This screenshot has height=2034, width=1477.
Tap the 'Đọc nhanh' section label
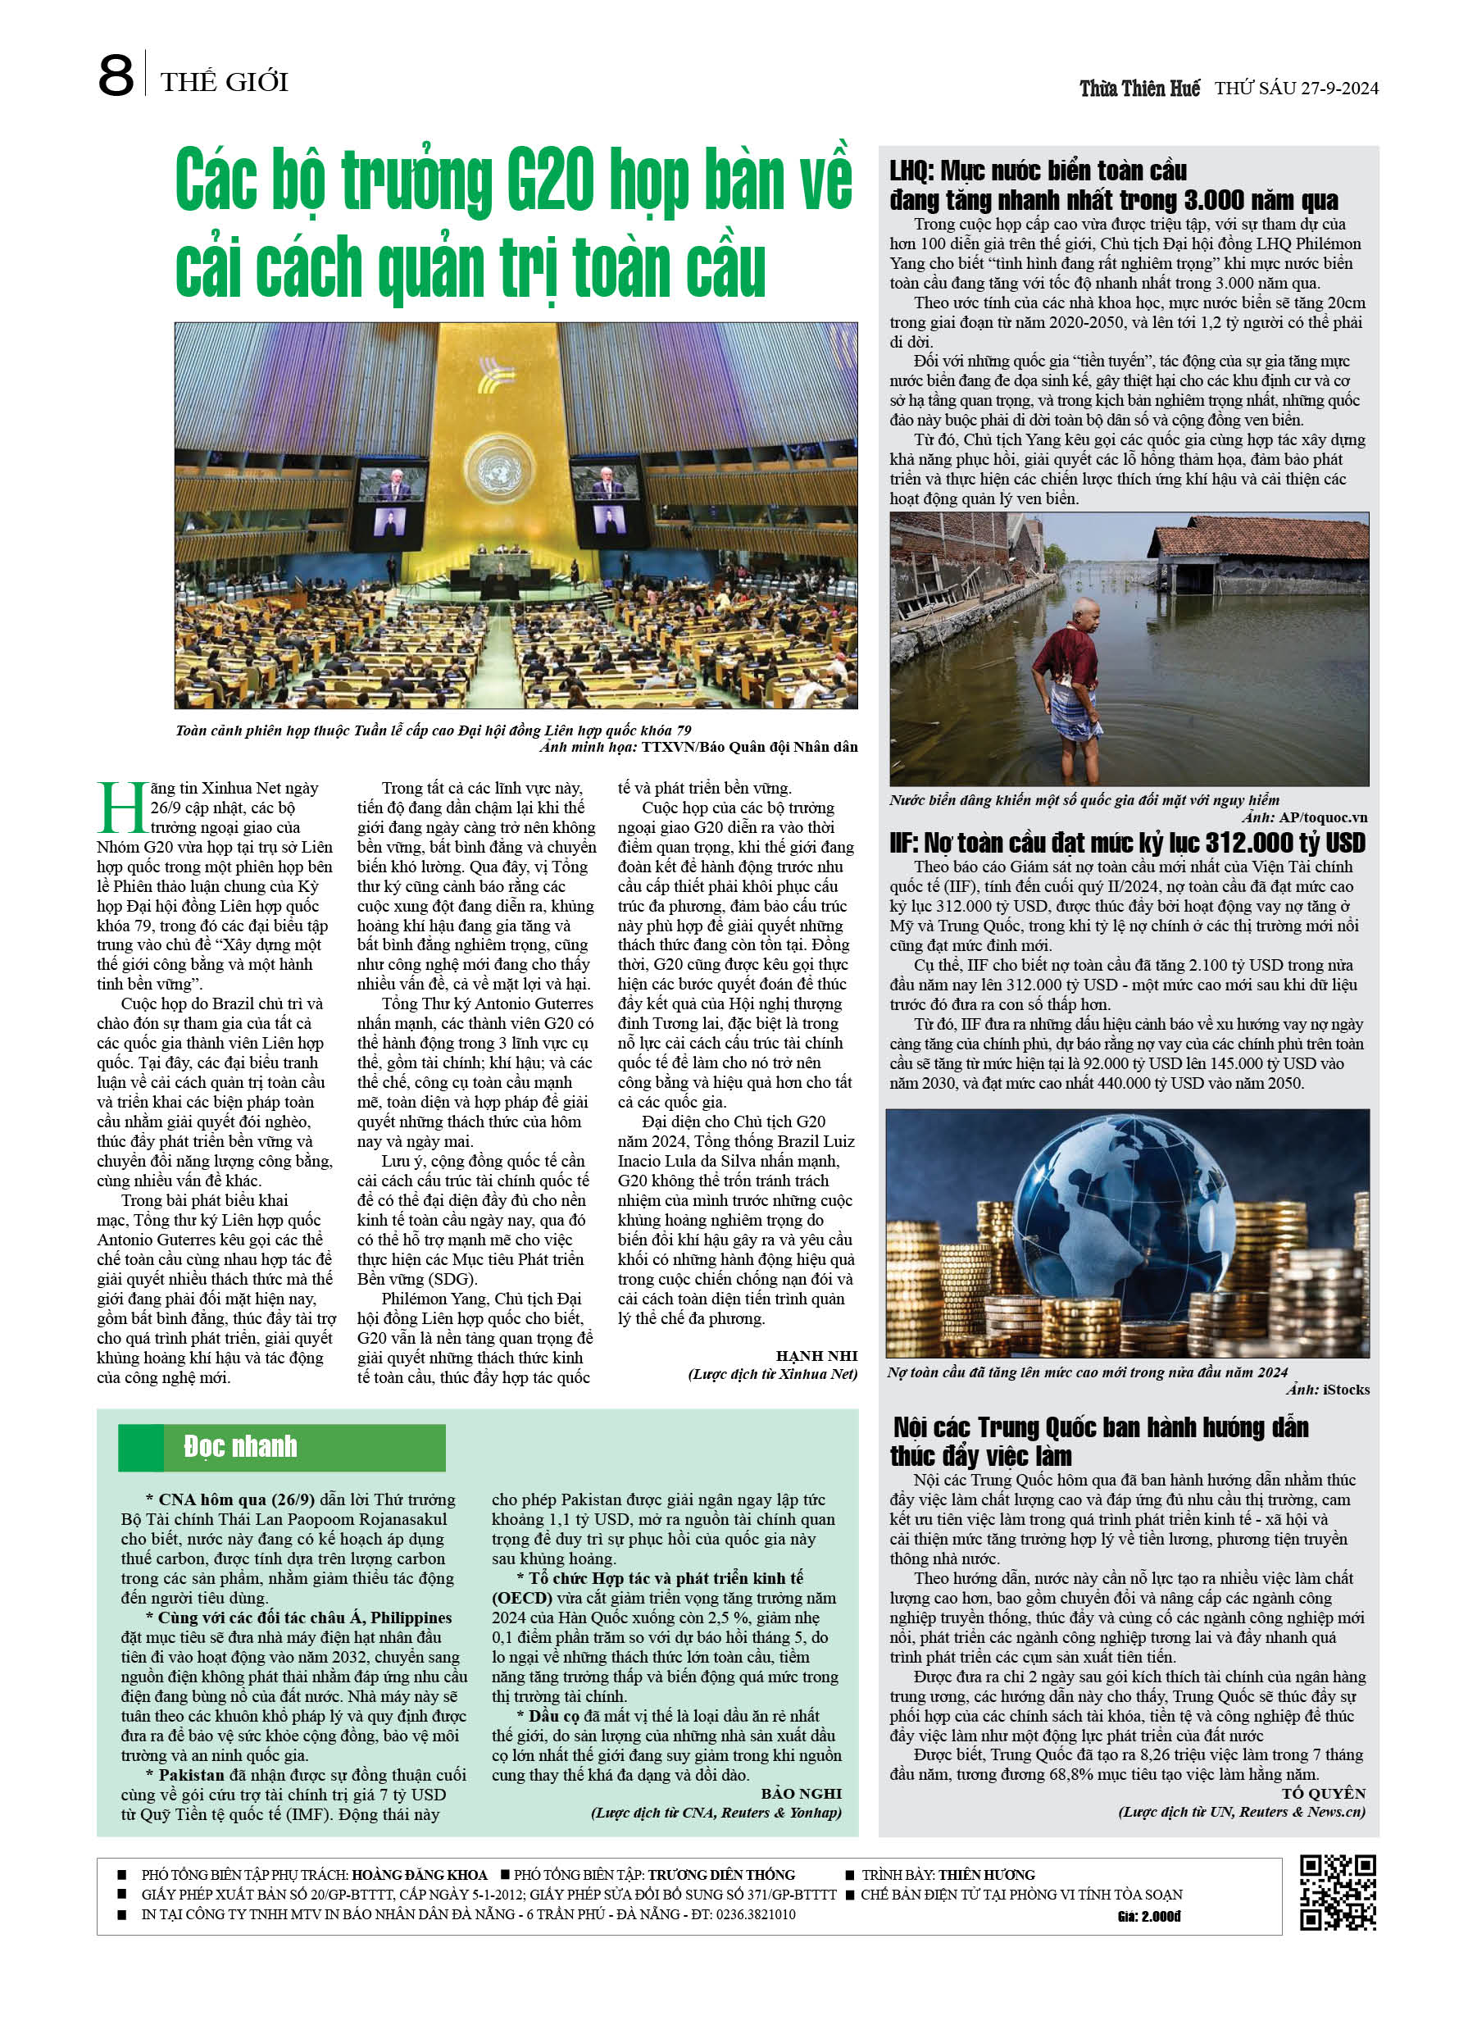point(240,1445)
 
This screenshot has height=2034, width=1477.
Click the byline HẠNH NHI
point(816,1355)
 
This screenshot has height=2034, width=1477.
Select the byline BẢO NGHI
point(801,1793)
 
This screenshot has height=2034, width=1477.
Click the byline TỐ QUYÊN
point(1323,1793)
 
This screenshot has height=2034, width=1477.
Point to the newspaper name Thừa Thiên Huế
point(1139,88)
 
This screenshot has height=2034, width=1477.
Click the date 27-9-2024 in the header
point(1337,88)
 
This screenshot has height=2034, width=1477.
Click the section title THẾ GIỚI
point(225,83)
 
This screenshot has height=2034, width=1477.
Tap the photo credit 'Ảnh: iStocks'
point(1327,1389)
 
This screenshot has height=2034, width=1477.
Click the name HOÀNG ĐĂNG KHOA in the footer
point(419,1874)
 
